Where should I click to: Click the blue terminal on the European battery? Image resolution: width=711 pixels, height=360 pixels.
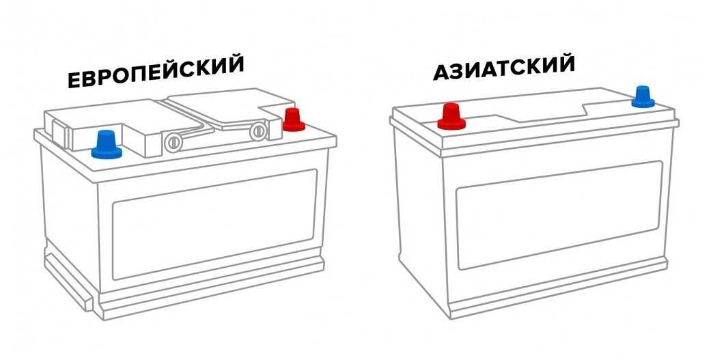[107, 145]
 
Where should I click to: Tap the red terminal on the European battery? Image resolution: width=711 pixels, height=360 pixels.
[294, 120]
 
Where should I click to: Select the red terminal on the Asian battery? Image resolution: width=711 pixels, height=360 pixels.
[451, 116]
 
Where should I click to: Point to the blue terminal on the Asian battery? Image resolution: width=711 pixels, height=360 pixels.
[643, 96]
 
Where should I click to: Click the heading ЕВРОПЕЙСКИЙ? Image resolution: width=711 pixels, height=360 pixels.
[156, 72]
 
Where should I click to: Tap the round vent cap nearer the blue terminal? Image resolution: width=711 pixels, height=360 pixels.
[173, 143]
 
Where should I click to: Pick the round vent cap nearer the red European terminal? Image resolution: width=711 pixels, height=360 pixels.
[257, 131]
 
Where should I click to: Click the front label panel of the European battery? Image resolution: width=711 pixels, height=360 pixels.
[214, 224]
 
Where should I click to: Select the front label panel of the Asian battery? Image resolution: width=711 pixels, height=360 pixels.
[559, 215]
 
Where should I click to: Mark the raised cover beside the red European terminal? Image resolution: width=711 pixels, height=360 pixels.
[227, 109]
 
